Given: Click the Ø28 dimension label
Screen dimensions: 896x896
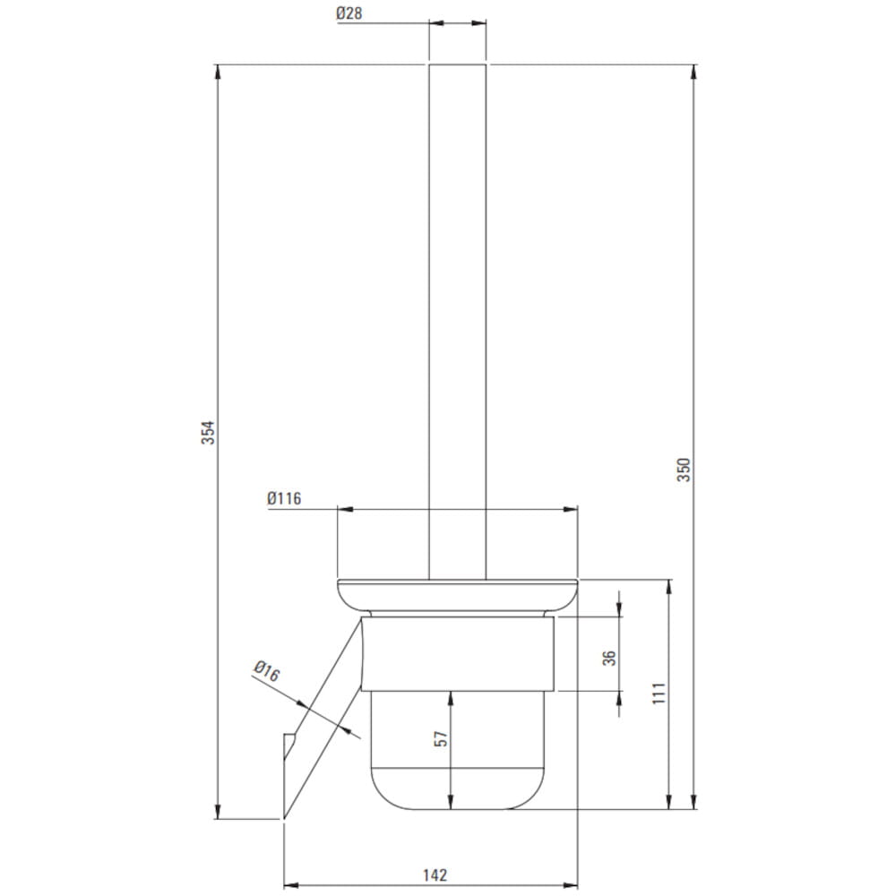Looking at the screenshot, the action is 349,13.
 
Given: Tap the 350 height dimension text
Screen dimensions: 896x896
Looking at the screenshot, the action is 684,470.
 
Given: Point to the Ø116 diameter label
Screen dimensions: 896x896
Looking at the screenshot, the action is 284,498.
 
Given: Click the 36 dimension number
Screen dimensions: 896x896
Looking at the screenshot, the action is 609,658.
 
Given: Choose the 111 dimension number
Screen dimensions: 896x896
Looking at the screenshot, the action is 659,693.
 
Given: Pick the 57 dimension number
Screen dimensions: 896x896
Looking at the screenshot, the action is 442,739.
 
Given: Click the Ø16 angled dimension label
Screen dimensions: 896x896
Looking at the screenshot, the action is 267,671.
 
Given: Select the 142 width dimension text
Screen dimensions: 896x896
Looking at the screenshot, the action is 435,874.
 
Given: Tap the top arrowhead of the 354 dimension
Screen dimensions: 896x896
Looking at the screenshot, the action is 217,72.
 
